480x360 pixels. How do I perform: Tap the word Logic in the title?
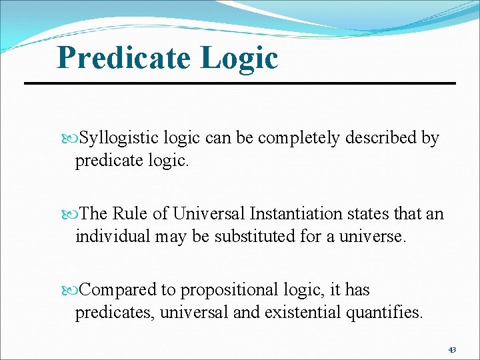point(238,58)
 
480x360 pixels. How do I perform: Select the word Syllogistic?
point(119,138)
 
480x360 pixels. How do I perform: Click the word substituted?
point(253,237)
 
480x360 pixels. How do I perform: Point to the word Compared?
point(118,290)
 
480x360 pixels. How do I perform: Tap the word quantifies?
point(385,313)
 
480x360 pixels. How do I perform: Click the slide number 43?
point(452,350)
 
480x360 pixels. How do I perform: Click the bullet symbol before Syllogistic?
point(73,139)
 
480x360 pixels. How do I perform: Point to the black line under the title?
point(240,83)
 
